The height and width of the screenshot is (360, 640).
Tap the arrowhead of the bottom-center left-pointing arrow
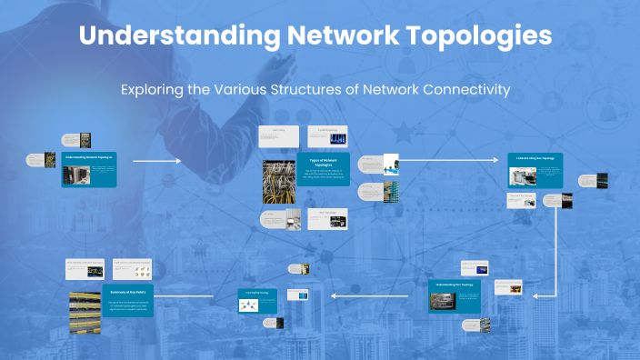334,295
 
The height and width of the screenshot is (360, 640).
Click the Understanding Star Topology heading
535,158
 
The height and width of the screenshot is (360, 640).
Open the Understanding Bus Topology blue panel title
455,285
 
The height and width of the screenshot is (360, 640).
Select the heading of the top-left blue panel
89,157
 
